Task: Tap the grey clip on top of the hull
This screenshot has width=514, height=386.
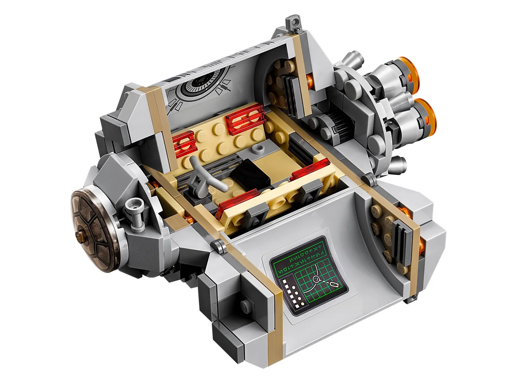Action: [x=294, y=23]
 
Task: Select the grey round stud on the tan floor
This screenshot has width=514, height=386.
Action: [x=258, y=149]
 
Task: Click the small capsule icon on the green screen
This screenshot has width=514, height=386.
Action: [x=334, y=284]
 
